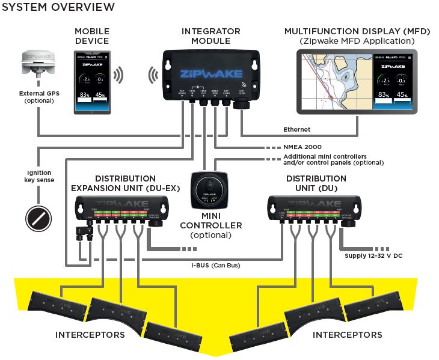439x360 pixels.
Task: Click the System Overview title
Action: pos(58,8)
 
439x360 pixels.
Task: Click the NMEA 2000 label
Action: pos(302,146)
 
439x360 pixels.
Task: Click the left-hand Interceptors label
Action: pos(90,334)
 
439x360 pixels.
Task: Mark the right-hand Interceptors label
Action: pos(348,334)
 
